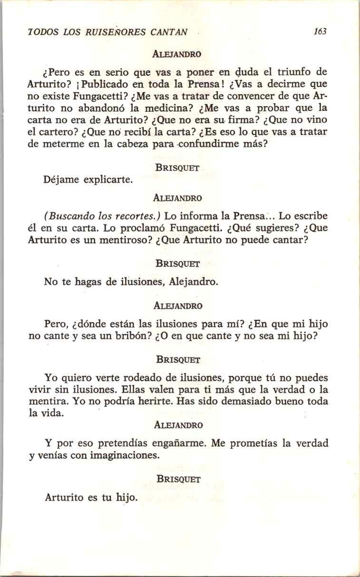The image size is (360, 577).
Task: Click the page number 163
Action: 320,32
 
